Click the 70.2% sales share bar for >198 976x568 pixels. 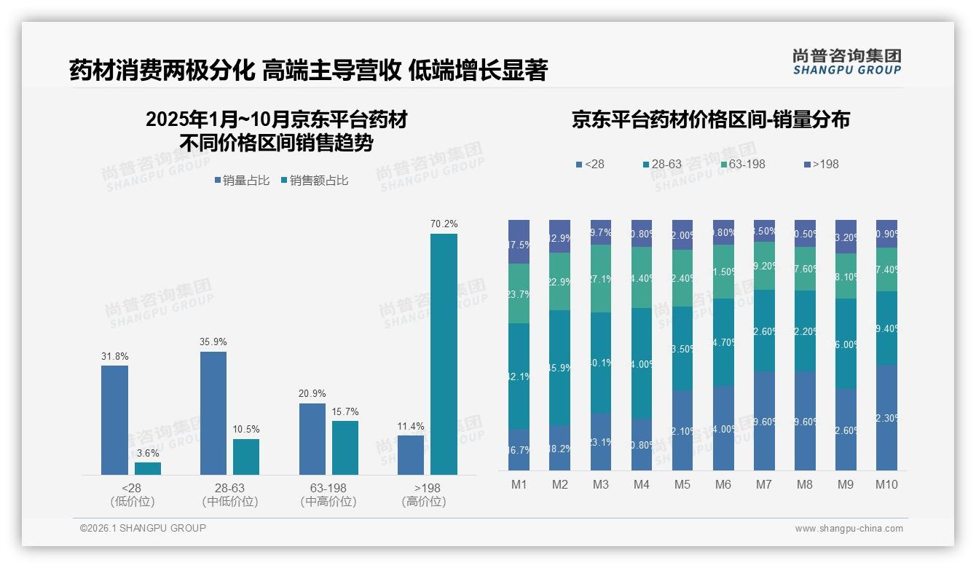tap(444, 354)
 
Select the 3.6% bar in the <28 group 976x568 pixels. tap(147, 468)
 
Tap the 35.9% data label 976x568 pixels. tap(213, 342)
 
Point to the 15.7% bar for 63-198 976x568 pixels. tap(345, 448)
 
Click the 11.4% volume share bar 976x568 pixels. tap(411, 455)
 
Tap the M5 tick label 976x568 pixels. tap(682, 485)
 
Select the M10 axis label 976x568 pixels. tap(886, 485)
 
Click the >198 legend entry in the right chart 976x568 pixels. tap(821, 165)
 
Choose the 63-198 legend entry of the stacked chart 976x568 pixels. tap(742, 165)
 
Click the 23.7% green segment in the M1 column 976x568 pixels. tap(519, 293)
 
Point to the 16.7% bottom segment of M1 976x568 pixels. tap(519, 449)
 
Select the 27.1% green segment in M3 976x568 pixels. tap(600, 278)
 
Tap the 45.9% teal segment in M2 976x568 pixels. tap(559, 368)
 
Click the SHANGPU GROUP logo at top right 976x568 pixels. tap(846, 62)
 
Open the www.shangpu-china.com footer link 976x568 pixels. tap(849, 529)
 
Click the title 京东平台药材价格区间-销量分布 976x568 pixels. tap(710, 120)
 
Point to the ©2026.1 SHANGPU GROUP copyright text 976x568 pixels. tap(143, 528)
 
